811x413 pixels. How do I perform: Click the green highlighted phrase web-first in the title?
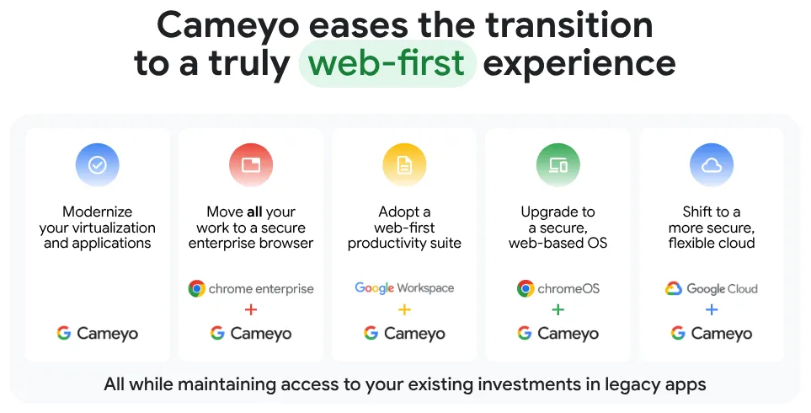pyautogui.click(x=387, y=63)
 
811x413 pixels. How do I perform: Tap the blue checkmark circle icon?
pyautogui.click(x=97, y=164)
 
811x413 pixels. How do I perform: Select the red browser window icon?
pyautogui.click(x=251, y=164)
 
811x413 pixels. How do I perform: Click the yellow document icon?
pyautogui.click(x=404, y=164)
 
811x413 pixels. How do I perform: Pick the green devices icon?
pyautogui.click(x=558, y=164)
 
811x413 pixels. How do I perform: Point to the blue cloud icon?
pyautogui.click(x=712, y=164)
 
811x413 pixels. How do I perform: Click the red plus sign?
pyautogui.click(x=251, y=309)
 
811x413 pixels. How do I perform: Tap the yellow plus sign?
pyautogui.click(x=404, y=309)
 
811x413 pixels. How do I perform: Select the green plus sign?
pyautogui.click(x=558, y=309)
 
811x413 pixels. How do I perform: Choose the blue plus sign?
pyautogui.click(x=712, y=309)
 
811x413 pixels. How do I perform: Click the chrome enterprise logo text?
pyautogui.click(x=261, y=289)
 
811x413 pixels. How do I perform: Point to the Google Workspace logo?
pyautogui.click(x=404, y=287)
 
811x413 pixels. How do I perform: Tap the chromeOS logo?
pyautogui.click(x=558, y=288)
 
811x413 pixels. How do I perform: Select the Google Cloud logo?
pyautogui.click(x=712, y=288)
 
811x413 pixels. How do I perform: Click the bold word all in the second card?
pyautogui.click(x=254, y=212)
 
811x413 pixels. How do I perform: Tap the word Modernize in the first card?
pyautogui.click(x=97, y=212)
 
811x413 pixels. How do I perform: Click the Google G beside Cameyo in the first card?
pyautogui.click(x=64, y=333)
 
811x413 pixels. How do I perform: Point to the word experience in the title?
pyautogui.click(x=579, y=63)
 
